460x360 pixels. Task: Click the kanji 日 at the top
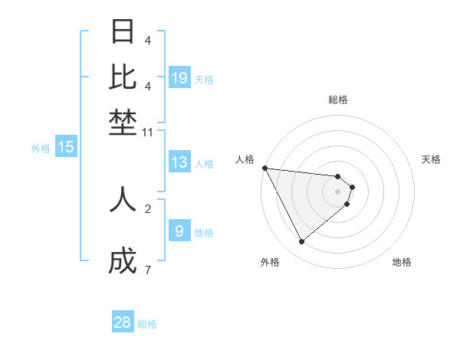pyautogui.click(x=123, y=32)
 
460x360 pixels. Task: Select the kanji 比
pyautogui.click(x=123, y=77)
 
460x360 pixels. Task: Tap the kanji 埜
pyautogui.click(x=123, y=123)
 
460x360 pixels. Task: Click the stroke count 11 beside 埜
pyautogui.click(x=148, y=133)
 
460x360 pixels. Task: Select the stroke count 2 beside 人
pyautogui.click(x=148, y=208)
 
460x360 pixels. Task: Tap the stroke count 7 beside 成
pyautogui.click(x=148, y=270)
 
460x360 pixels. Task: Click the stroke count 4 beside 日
pyautogui.click(x=148, y=40)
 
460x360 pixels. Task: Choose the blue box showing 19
pyautogui.click(x=179, y=77)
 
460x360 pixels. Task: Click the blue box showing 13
pyautogui.click(x=179, y=162)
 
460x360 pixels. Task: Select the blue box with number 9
pyautogui.click(x=179, y=231)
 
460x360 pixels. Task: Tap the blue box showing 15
pyautogui.click(x=66, y=147)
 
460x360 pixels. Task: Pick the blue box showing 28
pyautogui.click(x=123, y=322)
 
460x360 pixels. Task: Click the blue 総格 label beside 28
pyautogui.click(x=147, y=324)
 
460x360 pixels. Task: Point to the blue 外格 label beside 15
pyautogui.click(x=41, y=149)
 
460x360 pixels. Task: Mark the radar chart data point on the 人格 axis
pyautogui.click(x=264, y=168)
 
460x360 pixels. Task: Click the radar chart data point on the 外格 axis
pyautogui.click(x=302, y=242)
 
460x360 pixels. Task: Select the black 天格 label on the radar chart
pyautogui.click(x=431, y=159)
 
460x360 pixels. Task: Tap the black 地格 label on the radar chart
pyautogui.click(x=402, y=262)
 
